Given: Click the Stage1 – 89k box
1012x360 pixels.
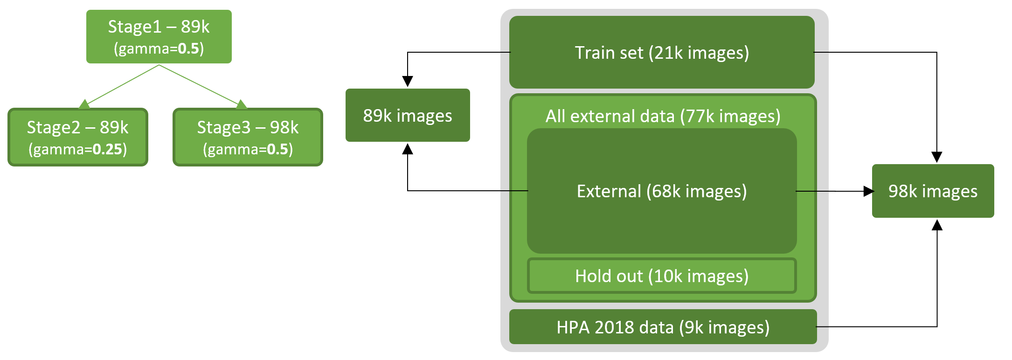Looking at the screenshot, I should pos(159,36).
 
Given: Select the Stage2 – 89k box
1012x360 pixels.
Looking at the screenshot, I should pos(78,137).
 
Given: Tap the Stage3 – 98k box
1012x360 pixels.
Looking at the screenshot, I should pos(248,137).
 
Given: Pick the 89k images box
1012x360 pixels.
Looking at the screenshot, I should pos(408,115).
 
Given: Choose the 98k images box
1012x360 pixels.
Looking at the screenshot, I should pos(933,191).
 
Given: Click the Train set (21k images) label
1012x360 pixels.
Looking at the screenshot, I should pos(662,53).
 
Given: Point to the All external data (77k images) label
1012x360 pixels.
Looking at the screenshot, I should pos(663,116).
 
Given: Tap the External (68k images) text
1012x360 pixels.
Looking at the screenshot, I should pos(662,191).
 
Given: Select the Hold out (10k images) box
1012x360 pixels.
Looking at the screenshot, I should pos(662,276).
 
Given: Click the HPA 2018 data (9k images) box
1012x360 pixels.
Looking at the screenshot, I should pos(663,327).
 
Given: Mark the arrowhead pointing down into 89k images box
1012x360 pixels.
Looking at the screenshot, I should pos(408,82).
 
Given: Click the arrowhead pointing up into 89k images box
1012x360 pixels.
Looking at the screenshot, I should pos(408,149).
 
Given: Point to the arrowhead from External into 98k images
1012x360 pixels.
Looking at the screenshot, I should pos(868,191).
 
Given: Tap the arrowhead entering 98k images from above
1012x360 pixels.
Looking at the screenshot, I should pos(937,157).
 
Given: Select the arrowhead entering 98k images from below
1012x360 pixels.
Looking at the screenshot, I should pos(937,225).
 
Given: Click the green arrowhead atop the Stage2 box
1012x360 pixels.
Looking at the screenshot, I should pos(84,104).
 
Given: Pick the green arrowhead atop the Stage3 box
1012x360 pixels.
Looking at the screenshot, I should pos(241,104).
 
